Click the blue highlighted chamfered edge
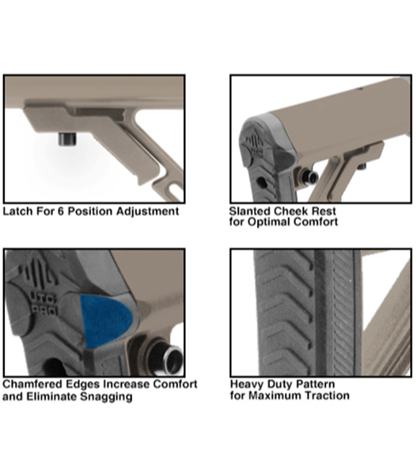[104, 321]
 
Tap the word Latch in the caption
[18, 211]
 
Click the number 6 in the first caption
[61, 211]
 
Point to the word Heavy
[245, 385]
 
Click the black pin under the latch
[68, 139]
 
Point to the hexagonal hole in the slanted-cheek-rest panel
[262, 182]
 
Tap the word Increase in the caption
[127, 385]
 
